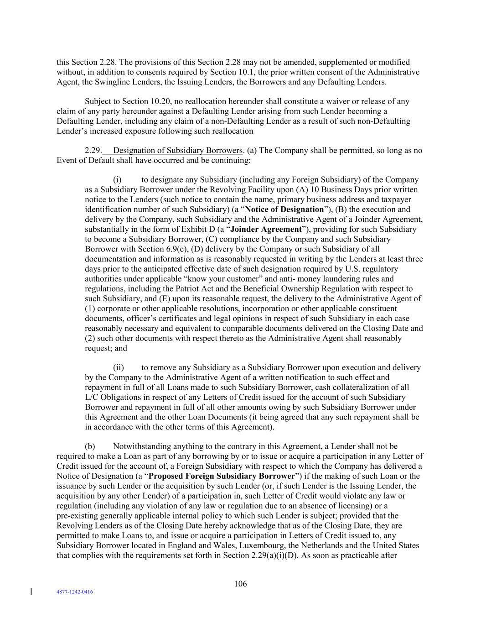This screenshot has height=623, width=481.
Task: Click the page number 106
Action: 240,584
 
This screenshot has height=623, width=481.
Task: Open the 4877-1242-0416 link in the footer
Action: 74,592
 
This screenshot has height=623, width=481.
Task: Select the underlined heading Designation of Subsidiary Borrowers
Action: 178,151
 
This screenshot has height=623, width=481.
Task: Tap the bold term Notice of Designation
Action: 284,209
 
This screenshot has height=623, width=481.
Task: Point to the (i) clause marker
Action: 117,180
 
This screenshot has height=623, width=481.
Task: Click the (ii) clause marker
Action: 118,367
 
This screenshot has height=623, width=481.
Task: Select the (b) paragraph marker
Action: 89,446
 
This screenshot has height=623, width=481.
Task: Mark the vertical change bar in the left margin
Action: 31,592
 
